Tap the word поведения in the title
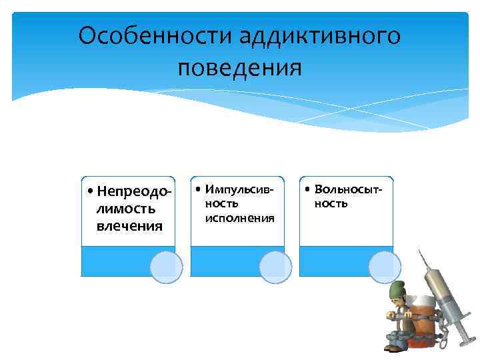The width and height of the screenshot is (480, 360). pos(240,67)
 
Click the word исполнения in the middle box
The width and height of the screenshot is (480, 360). pos(239,218)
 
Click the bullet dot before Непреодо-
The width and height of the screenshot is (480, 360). pos(90,192)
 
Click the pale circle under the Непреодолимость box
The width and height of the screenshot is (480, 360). pos(166,267)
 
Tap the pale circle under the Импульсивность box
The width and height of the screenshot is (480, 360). pos(275,267)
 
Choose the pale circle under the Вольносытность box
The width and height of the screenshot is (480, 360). pos(385,267)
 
